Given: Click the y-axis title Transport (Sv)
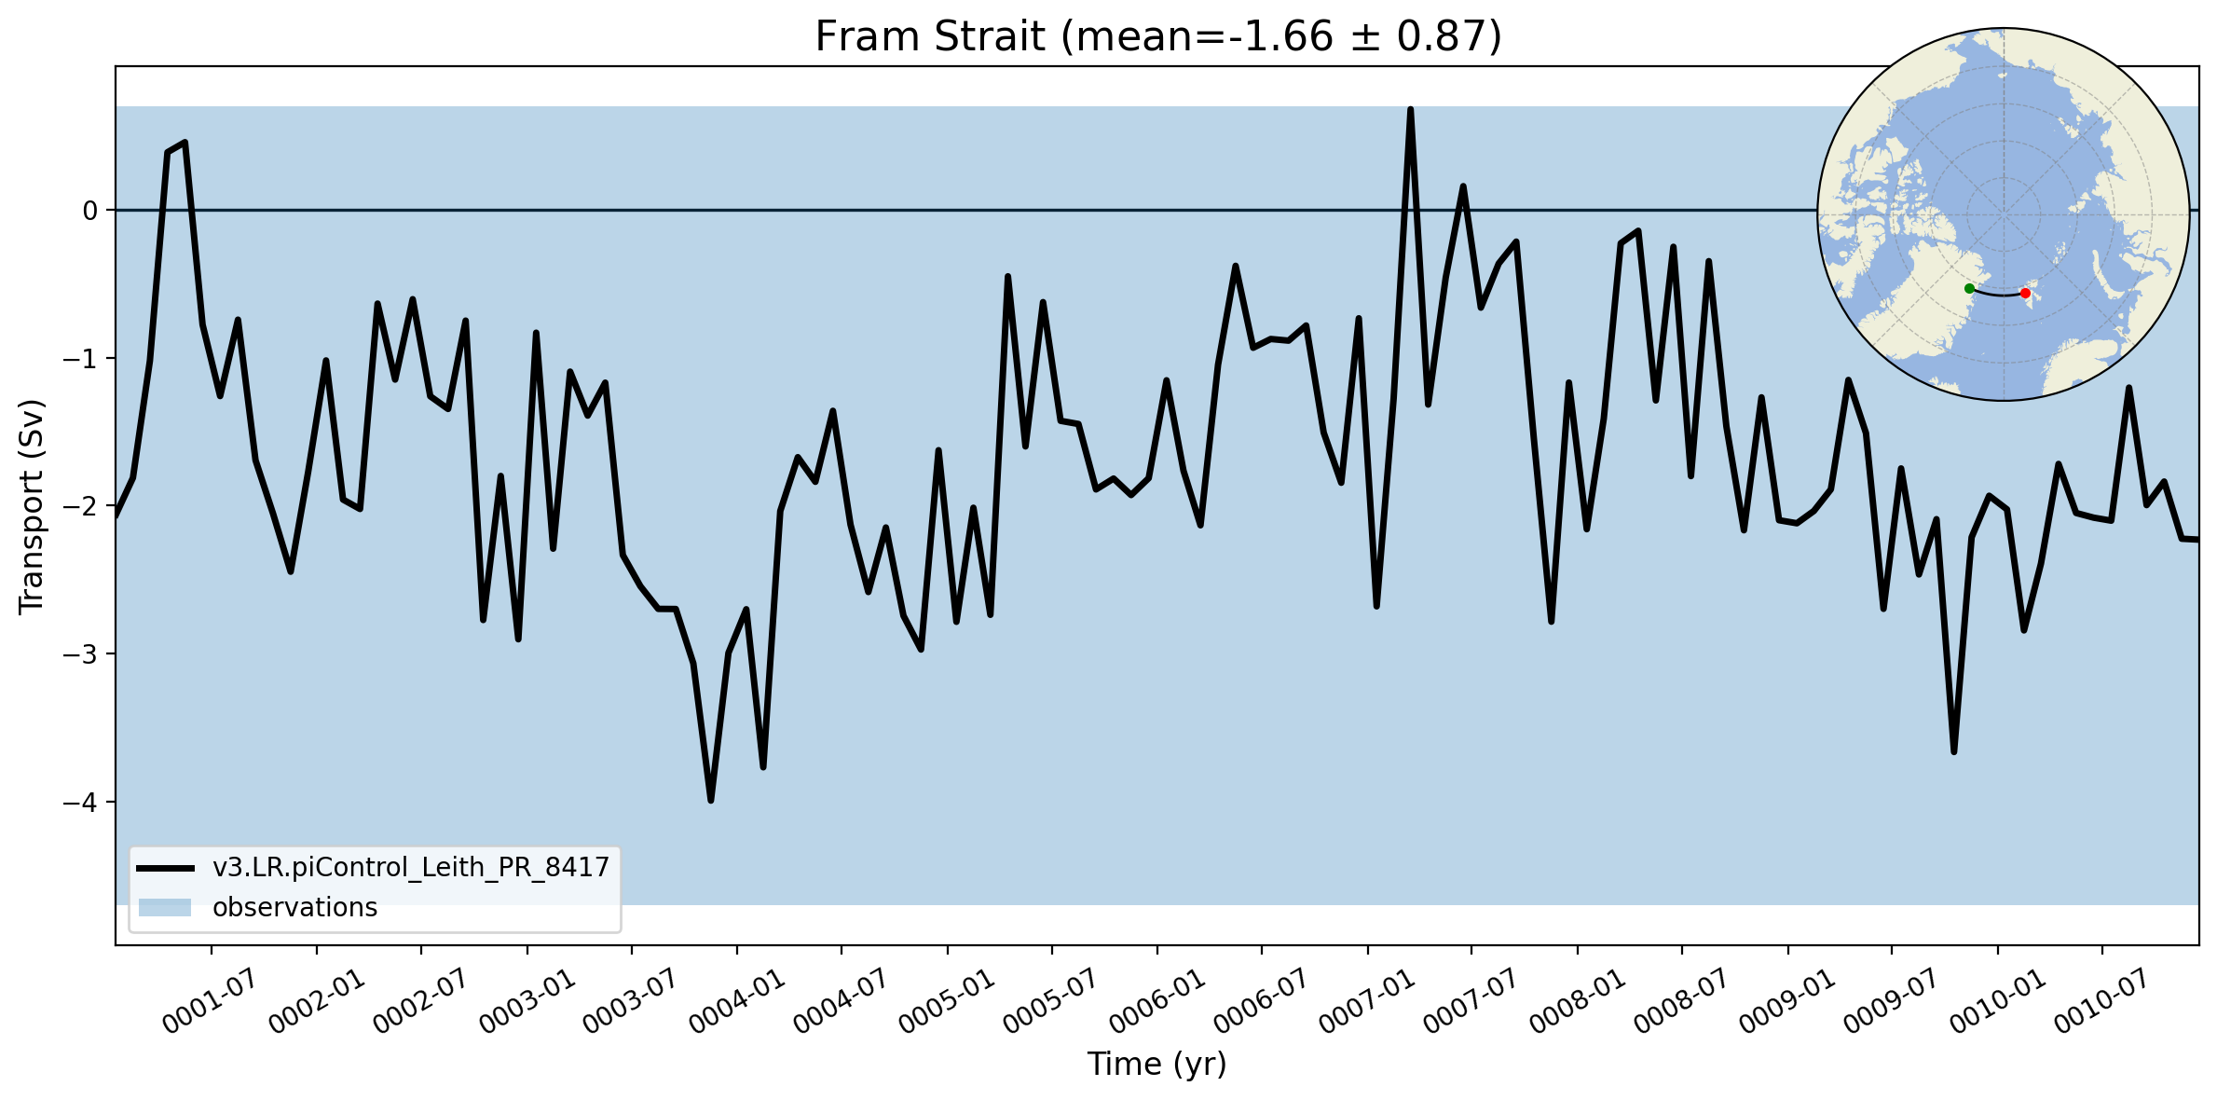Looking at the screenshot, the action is click(32, 506).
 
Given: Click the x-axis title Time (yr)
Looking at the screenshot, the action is click(1156, 1064).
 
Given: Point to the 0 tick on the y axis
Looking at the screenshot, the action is click(90, 211).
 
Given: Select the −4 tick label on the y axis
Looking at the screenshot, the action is click(80, 802).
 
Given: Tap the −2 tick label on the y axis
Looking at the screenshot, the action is click(80, 506).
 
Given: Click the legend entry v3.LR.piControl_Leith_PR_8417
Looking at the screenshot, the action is click(411, 868).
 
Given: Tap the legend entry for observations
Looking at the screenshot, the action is click(294, 908).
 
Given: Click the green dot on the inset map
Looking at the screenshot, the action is click(1969, 289).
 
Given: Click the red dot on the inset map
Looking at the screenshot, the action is click(2025, 294).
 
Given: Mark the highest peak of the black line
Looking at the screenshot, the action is click(1410, 110).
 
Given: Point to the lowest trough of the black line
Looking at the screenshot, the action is click(711, 800).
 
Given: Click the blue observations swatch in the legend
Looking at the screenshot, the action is click(165, 908).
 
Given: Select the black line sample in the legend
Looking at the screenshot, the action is click(165, 868).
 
